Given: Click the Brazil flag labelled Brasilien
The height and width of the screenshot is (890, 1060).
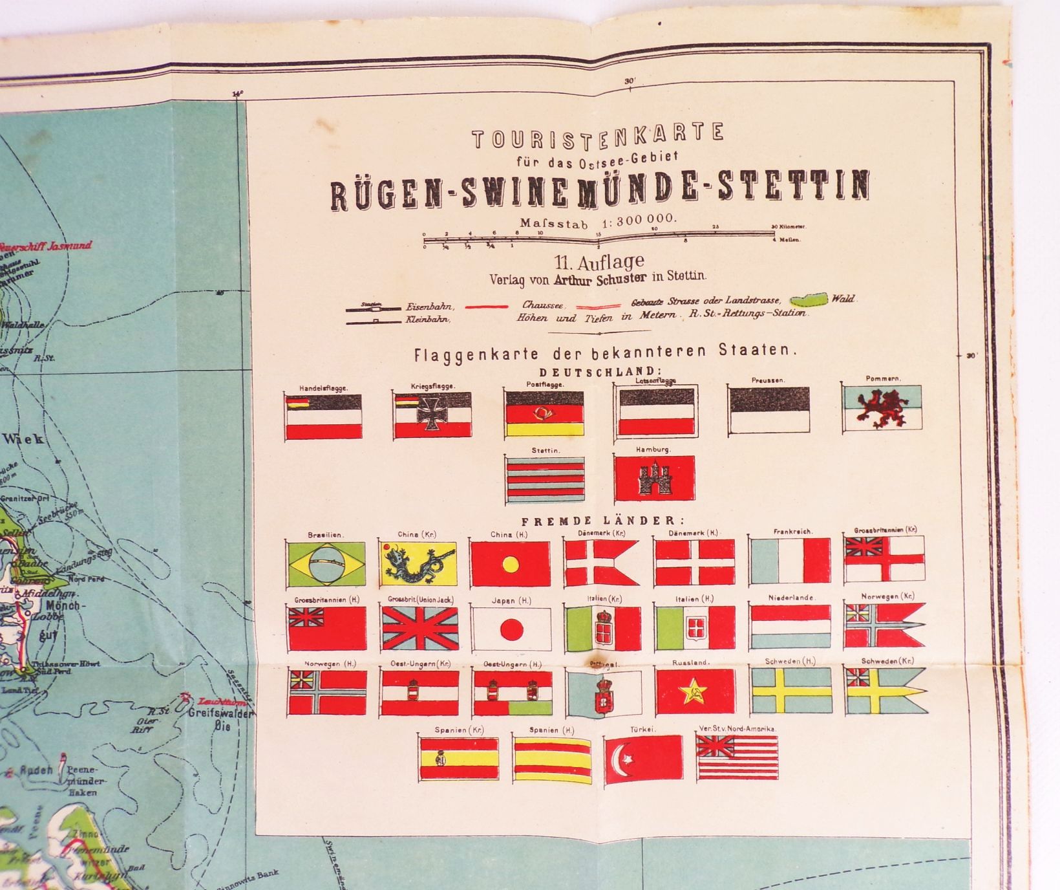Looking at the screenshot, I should (326, 564).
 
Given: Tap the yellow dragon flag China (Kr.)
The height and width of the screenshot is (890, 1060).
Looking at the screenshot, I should (418, 564).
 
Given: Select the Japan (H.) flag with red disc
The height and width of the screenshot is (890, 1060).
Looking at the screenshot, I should (511, 628).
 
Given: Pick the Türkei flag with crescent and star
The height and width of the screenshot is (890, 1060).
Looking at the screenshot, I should (644, 757).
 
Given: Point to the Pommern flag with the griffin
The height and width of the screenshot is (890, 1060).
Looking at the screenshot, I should (882, 409).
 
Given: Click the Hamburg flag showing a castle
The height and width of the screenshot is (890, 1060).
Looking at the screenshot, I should (654, 478).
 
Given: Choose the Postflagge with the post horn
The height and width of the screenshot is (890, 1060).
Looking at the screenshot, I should (544, 415).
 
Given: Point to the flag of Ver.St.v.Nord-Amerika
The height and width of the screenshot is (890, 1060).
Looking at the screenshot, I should (736, 757).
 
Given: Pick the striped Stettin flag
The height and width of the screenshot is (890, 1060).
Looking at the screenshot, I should (544, 479).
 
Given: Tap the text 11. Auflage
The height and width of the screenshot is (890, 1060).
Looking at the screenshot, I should (599, 261).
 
